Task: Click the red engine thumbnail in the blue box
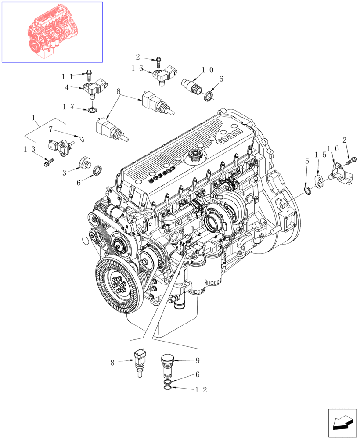point(52,32)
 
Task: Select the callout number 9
point(197,361)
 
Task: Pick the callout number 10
point(208,70)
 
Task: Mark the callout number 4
point(67,87)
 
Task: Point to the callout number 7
point(51,129)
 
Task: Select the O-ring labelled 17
point(92,109)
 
